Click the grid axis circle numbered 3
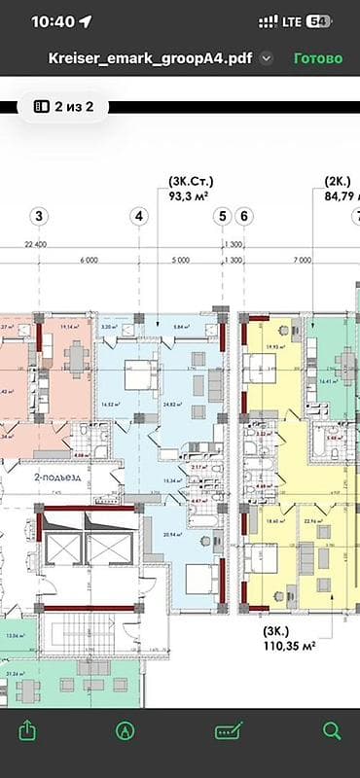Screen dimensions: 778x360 point(39,216)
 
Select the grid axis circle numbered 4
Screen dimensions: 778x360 point(141,216)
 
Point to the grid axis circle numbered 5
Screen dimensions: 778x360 point(223,216)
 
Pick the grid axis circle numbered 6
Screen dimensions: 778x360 point(243,216)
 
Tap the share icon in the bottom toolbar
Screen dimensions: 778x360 point(28,729)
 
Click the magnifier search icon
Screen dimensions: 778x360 point(332,729)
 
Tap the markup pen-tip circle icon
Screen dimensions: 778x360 point(125,729)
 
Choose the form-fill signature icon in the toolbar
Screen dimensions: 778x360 point(231,729)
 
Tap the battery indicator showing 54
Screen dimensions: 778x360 point(317,20)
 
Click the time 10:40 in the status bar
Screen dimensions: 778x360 point(53,20)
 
